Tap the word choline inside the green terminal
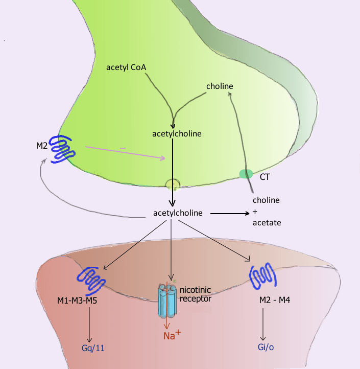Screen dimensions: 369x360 click(x=220, y=86)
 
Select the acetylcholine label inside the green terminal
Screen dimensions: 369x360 click(x=177, y=134)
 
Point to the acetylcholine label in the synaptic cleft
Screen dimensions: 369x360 click(x=178, y=213)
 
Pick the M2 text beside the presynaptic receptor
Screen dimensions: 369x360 click(x=42, y=146)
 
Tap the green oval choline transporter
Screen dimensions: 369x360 click(x=246, y=174)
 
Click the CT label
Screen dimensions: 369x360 click(x=266, y=177)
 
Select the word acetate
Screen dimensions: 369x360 click(x=267, y=223)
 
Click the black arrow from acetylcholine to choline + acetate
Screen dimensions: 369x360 click(x=230, y=213)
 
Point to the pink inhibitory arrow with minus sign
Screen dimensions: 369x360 click(x=125, y=153)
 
